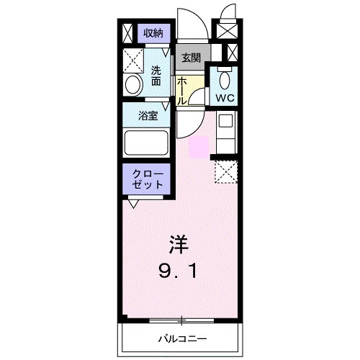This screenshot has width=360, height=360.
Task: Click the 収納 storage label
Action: point(153,32)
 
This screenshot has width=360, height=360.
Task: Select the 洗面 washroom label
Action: point(156,76)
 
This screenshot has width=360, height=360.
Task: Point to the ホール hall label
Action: point(183,91)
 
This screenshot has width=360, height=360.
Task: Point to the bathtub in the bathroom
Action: point(147,143)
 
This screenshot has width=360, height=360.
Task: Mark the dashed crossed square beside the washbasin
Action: point(132,60)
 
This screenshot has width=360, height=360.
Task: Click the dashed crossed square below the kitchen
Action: point(225,172)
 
